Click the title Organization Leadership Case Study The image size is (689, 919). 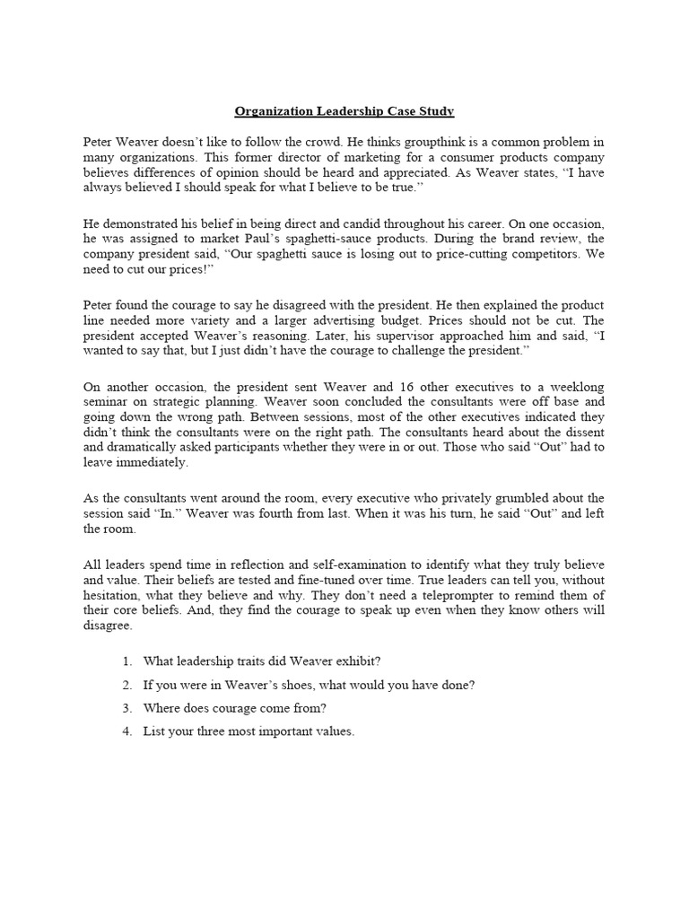click(344, 111)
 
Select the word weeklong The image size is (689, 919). click(574, 385)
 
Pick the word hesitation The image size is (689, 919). click(115, 594)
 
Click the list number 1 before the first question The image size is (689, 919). click(126, 661)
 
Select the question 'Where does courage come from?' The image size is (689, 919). click(234, 707)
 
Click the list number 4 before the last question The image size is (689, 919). click(126, 731)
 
